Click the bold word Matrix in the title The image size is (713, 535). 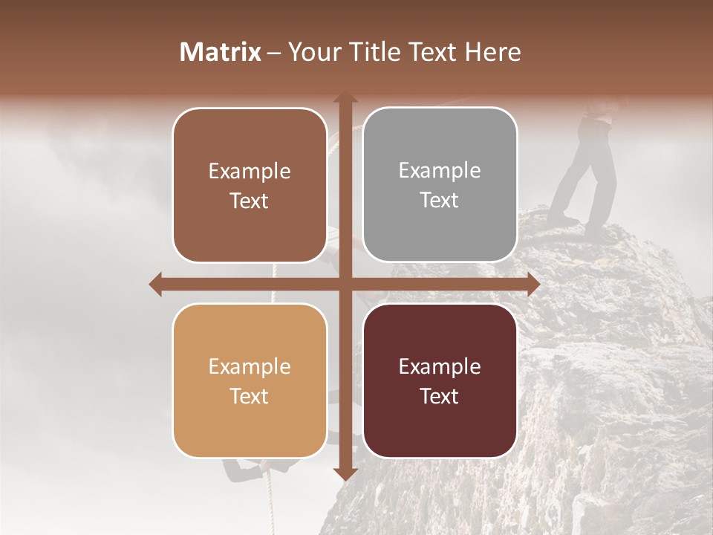[221, 52]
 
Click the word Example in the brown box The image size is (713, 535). [250, 172]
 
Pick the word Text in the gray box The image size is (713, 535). [440, 201]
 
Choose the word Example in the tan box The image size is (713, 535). [250, 367]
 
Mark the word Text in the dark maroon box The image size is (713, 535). [440, 396]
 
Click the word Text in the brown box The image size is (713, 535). [250, 201]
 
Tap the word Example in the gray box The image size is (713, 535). [440, 171]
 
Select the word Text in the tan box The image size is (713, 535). [250, 396]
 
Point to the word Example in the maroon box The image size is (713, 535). [440, 367]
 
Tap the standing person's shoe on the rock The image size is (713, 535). [562, 221]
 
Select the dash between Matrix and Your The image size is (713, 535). [274, 53]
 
